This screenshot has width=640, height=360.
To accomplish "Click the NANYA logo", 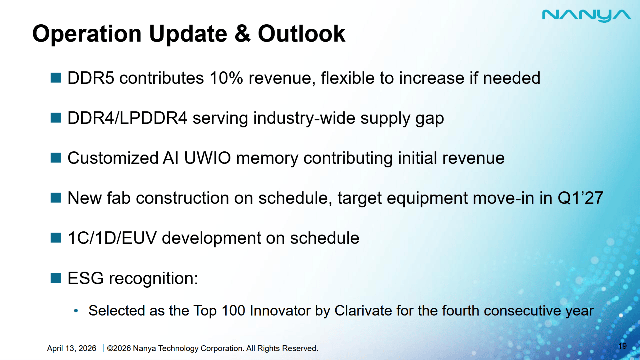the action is [x=587, y=16].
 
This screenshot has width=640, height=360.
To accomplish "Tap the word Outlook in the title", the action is [x=301, y=33].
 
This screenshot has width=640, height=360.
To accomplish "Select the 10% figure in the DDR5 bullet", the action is [x=226, y=78].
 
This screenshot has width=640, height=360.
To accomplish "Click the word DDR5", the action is [x=91, y=78].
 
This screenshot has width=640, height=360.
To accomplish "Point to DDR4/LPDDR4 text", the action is [x=127, y=118].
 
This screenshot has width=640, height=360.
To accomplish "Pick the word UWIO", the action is [x=207, y=158].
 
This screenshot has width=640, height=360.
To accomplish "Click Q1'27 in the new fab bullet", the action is [x=580, y=198].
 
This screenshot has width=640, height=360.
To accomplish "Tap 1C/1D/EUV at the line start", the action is [x=112, y=238].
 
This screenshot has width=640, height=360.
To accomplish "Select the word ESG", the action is [x=86, y=278].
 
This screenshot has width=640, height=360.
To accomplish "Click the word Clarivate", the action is [x=363, y=311].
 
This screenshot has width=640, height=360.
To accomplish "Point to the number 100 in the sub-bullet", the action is [x=233, y=311].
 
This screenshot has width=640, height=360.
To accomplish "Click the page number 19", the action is [x=622, y=346].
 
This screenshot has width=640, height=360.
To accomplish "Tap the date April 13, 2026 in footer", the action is [x=72, y=348].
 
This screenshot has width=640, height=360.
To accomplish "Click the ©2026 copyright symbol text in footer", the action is [x=119, y=348].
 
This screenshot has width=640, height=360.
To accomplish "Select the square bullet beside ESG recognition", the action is [x=56, y=278].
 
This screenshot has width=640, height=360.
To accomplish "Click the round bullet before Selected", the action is [x=76, y=311].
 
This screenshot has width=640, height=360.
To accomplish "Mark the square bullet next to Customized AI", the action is [x=56, y=158].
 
